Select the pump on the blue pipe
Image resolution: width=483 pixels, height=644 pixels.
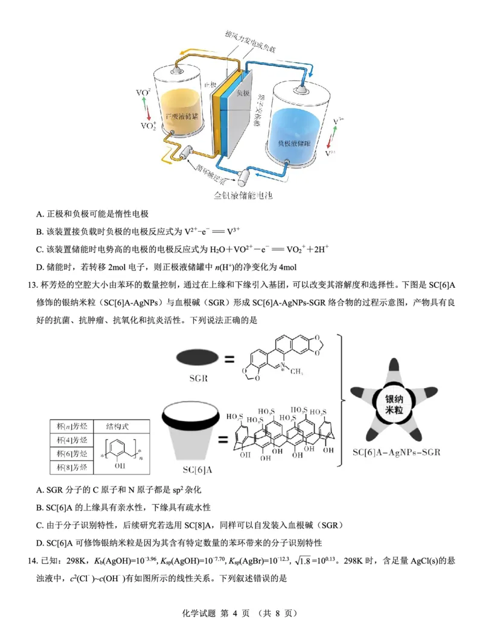coord(246,177)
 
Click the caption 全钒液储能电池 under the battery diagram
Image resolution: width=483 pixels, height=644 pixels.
coord(243,196)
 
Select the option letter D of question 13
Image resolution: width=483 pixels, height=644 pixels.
coord(40,542)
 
